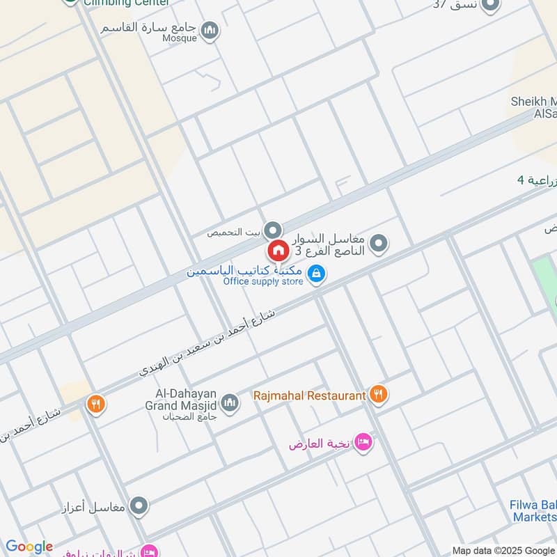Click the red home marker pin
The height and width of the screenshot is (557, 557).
click(277, 250)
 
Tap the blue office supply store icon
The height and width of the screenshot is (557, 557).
click(317, 274)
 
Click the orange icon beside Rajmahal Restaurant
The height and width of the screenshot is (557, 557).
click(378, 395)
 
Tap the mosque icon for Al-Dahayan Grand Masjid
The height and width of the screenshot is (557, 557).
click(230, 402)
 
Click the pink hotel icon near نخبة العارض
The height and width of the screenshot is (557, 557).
click(363, 443)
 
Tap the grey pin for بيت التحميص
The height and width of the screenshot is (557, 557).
click(274, 230)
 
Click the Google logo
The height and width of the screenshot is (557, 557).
click(29, 547)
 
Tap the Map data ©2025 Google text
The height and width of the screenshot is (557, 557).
click(503, 550)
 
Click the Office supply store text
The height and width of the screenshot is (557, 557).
click(263, 281)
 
